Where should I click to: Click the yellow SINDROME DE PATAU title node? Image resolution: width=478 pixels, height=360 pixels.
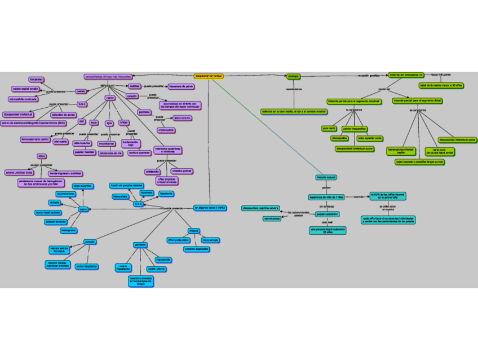pos(209,76)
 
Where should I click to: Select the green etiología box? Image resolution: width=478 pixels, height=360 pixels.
pos(293,76)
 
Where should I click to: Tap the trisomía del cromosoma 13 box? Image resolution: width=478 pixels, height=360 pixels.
pos(405,74)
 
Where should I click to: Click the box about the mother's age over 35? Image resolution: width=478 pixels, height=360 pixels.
pos(441,85)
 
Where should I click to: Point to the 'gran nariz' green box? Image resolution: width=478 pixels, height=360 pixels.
pos(329,128)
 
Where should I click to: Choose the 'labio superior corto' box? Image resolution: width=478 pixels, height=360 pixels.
pos(370,138)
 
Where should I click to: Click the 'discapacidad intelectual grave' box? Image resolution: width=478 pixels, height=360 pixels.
pos(457,139)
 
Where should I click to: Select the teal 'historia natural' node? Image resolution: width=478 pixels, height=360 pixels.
pos(326,177)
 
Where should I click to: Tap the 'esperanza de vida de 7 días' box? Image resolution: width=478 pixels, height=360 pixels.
pos(326,197)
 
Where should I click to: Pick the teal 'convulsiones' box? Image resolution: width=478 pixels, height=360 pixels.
pos(272,218)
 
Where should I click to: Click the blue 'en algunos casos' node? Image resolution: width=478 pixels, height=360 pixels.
pos(210,208)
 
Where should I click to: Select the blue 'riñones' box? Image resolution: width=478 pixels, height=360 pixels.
pos(194,230)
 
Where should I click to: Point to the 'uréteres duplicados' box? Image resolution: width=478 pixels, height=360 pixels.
pos(197,249)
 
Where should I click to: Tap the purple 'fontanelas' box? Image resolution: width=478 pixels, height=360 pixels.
pos(36,80)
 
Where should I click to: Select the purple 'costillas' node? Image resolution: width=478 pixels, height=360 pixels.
pos(134,86)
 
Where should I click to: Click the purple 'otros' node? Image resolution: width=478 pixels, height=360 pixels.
pos(41,156)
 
